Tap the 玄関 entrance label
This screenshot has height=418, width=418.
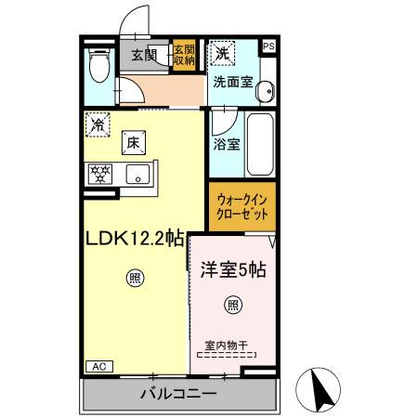pyautogui.click(x=144, y=54)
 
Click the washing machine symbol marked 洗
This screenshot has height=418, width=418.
pyautogui.click(x=222, y=53)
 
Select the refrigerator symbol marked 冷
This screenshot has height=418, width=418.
pyautogui.click(x=98, y=122)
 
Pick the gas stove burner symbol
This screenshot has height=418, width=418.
pyautogui.click(x=100, y=173)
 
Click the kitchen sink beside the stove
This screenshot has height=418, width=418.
pyautogui.click(x=137, y=173)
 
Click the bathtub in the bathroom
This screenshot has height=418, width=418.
pyautogui.click(x=259, y=144)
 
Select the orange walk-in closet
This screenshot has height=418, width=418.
pyautogui.click(x=242, y=206)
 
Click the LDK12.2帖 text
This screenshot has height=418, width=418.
pyautogui.click(x=135, y=240)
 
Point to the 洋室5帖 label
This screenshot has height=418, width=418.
pyautogui.click(x=234, y=270)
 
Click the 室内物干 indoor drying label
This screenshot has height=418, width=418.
pyautogui.click(x=229, y=346)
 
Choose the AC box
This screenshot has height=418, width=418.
pyautogui.click(x=97, y=367)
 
